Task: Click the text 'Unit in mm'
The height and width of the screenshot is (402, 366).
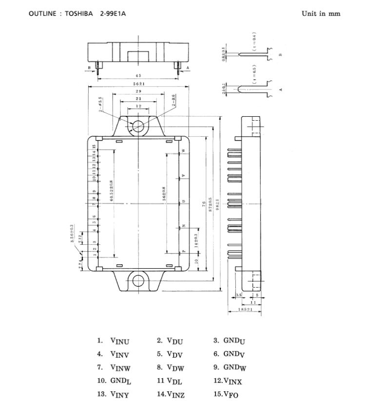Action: [x=321, y=14]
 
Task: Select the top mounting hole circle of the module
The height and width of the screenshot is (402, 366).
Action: [x=138, y=125]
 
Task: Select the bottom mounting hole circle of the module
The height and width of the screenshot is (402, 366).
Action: [x=138, y=280]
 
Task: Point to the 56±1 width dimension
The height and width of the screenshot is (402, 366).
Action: [x=138, y=84]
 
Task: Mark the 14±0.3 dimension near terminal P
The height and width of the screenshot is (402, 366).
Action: [x=196, y=241]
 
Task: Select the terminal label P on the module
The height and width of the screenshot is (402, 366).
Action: [x=183, y=252]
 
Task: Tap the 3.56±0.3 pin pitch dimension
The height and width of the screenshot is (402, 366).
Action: [x=72, y=234]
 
